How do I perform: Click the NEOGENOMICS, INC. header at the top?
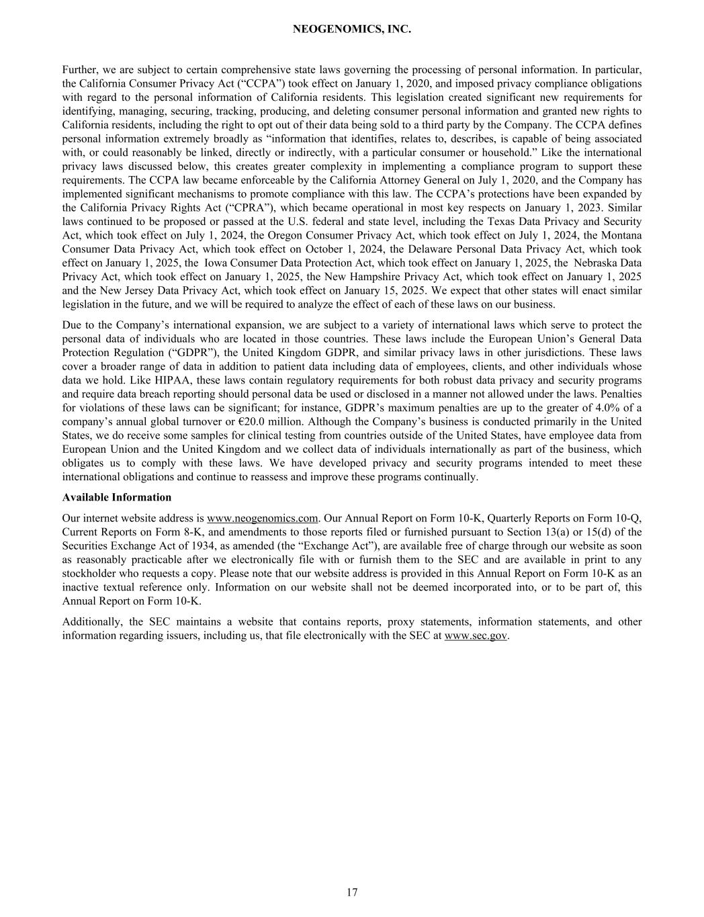tap(352, 30)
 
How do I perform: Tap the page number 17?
tap(352, 892)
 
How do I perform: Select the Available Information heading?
tap(116, 497)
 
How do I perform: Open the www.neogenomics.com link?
tap(262, 518)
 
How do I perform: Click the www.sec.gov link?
tap(476, 636)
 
